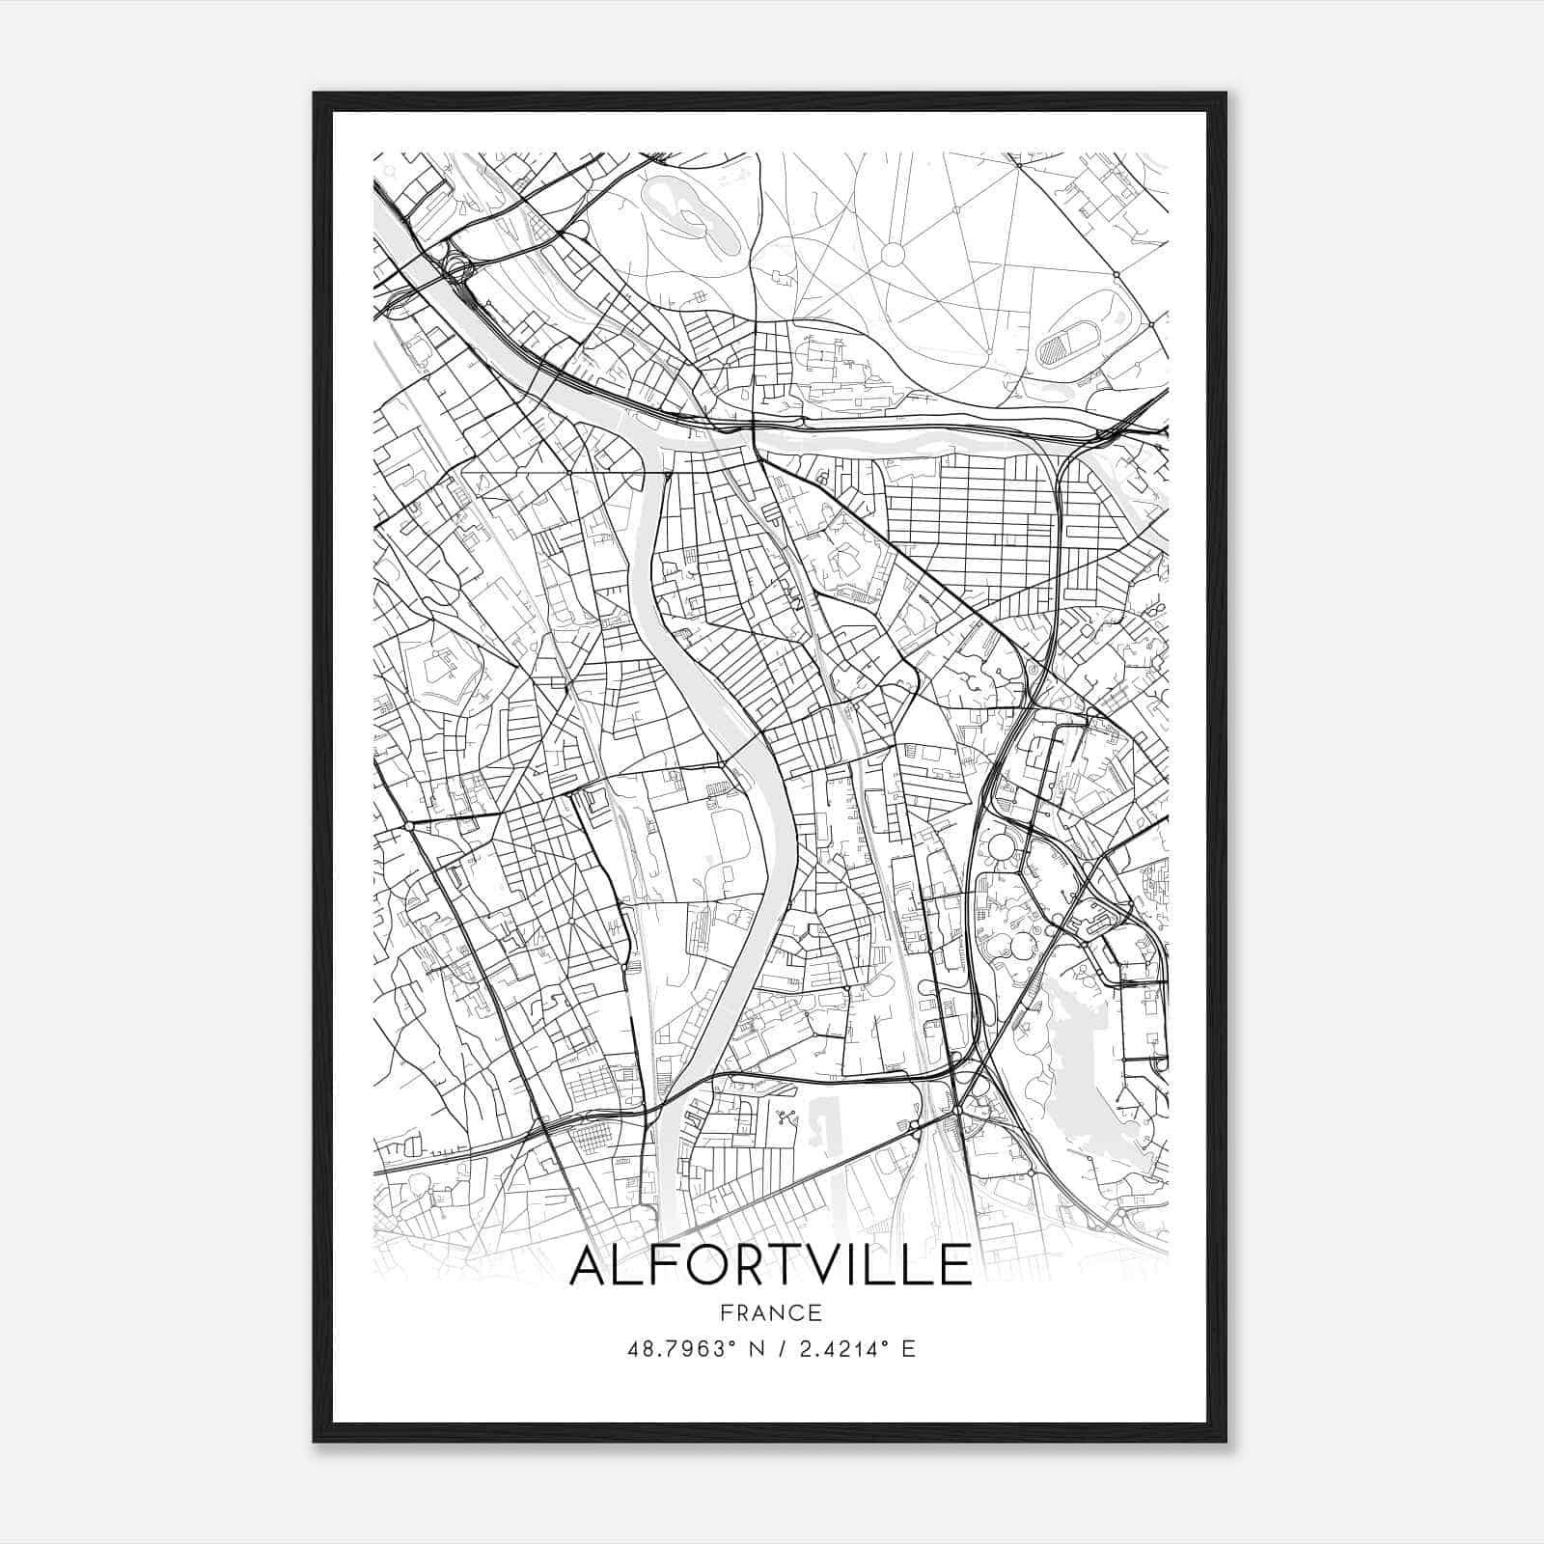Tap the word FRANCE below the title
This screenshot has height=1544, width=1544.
tap(770, 1313)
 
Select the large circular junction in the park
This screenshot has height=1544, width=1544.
tap(893, 254)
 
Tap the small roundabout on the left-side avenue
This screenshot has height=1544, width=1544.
tap(410, 827)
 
